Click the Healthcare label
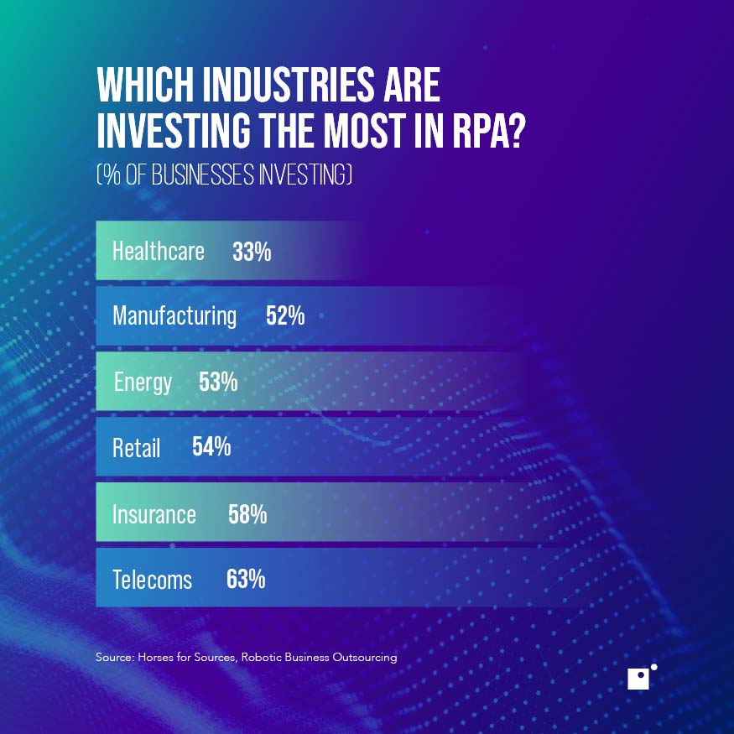pyautogui.click(x=158, y=251)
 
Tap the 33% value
pyautogui.click(x=252, y=251)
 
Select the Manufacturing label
pyautogui.click(x=174, y=316)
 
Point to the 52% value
pyautogui.click(x=284, y=316)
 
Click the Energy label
pyautogui.click(x=143, y=383)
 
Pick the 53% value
pyautogui.click(x=218, y=383)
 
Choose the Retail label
pyautogui.click(x=136, y=447)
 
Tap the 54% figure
pyautogui.click(x=211, y=447)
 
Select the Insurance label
pyautogui.click(x=154, y=513)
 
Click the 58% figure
pyautogui.click(x=247, y=513)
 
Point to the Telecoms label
pyautogui.click(x=152, y=579)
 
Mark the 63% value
pyautogui.click(x=246, y=579)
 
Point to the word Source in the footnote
pyautogui.click(x=114, y=658)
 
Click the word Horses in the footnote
pyautogui.click(x=159, y=658)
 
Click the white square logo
pyautogui.click(x=638, y=679)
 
